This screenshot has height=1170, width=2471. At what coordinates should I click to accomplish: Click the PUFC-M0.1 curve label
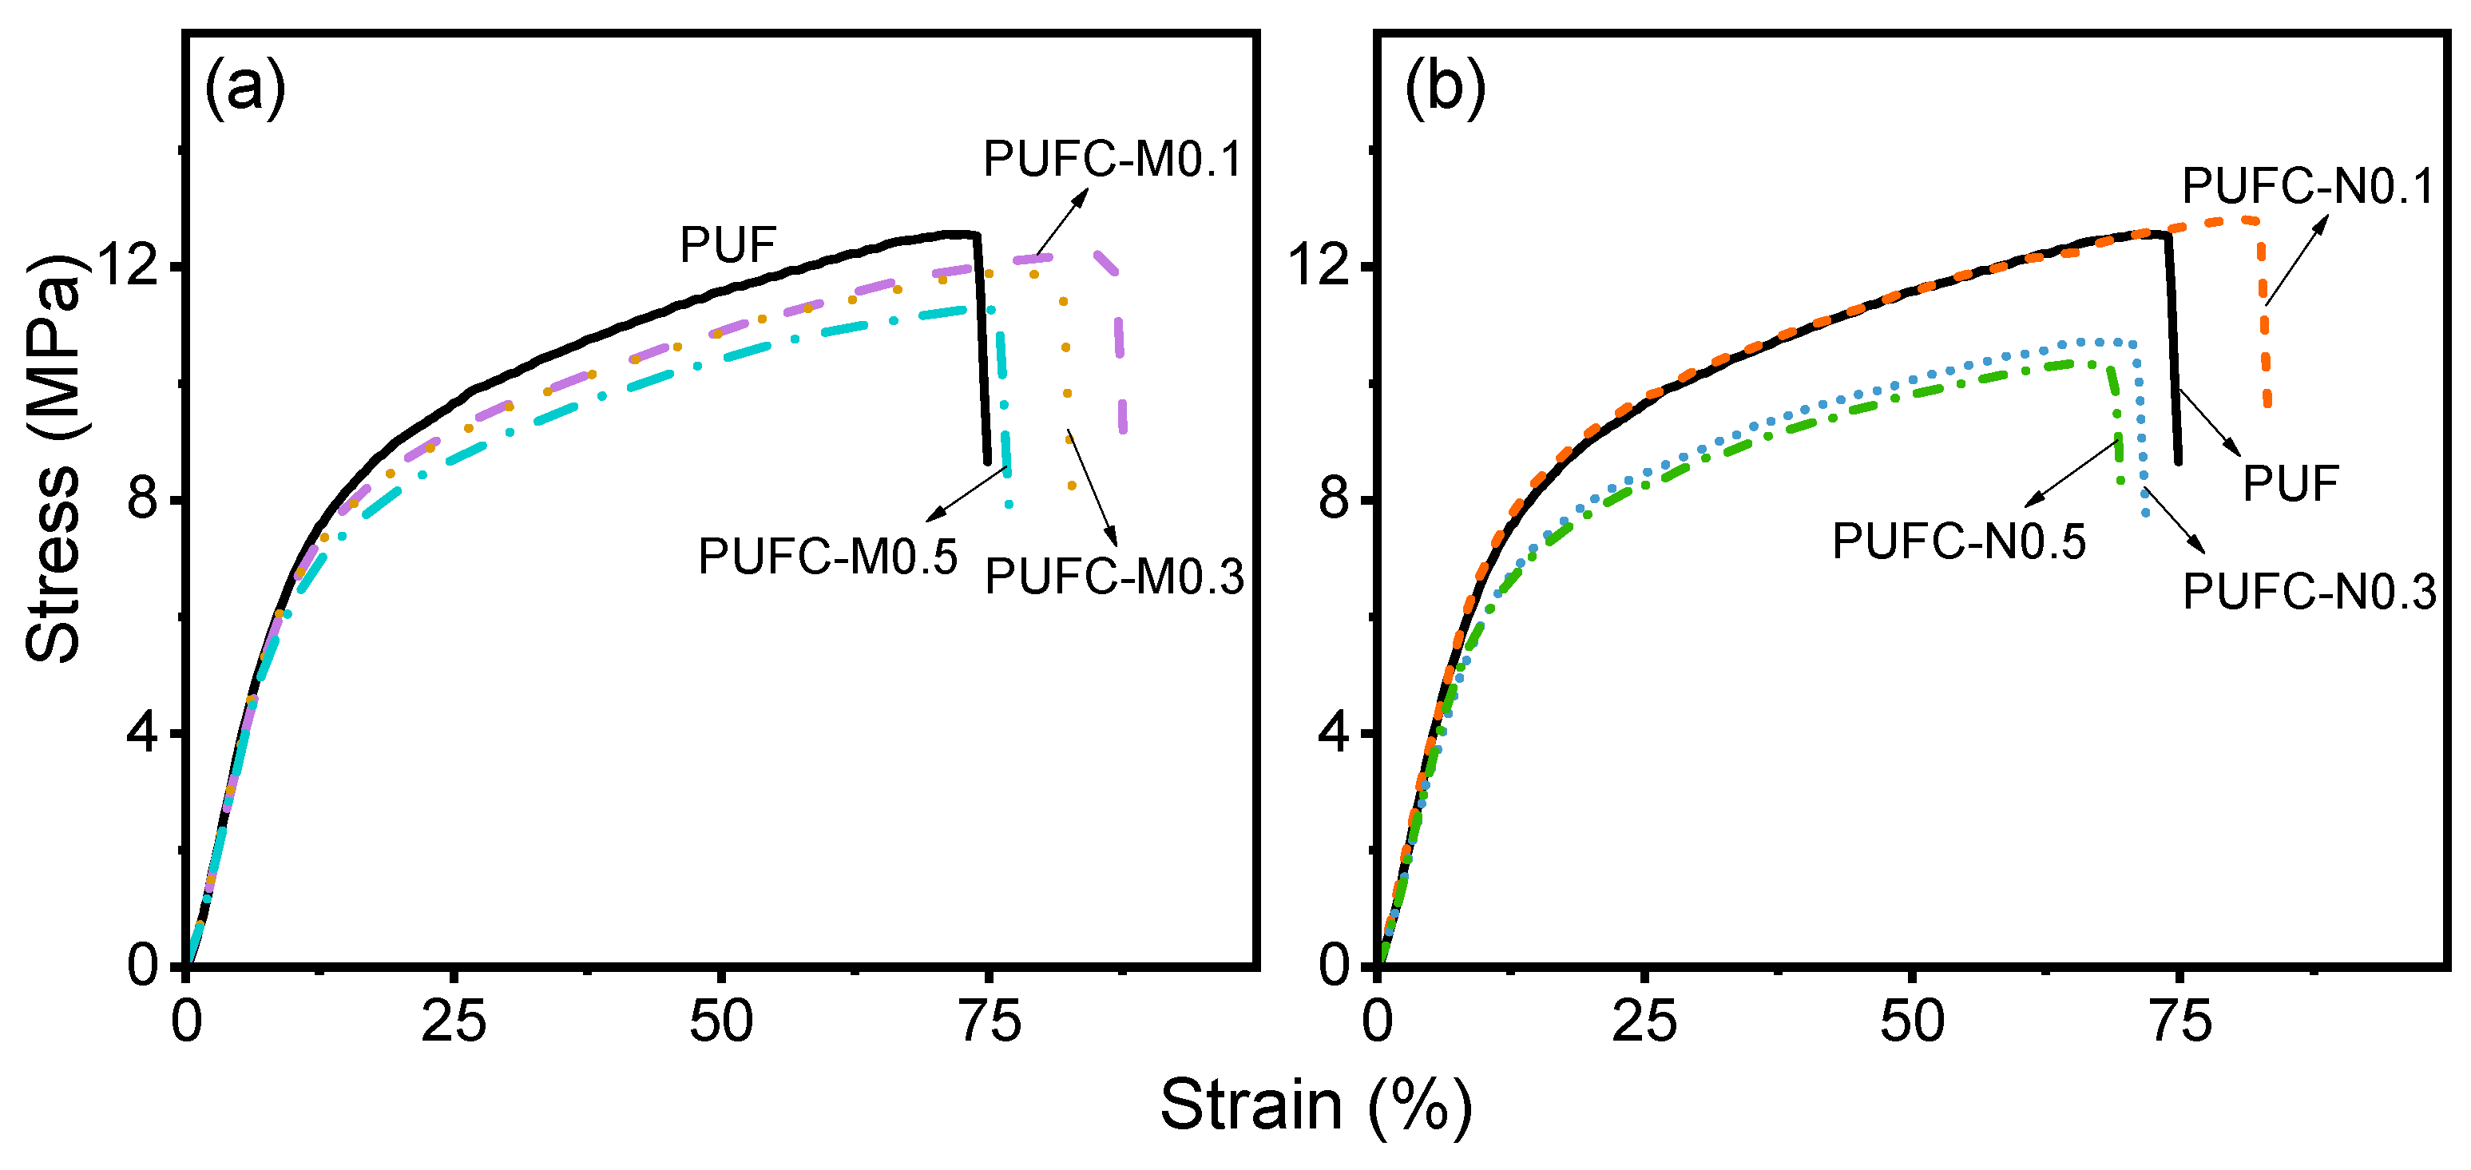(1112, 159)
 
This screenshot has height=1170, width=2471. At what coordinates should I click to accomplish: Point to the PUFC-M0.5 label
(827, 556)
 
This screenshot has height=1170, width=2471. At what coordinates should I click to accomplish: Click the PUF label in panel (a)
(727, 245)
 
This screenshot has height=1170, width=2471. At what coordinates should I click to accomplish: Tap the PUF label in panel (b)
(2291, 483)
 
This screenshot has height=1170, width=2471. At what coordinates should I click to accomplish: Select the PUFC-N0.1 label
(2308, 186)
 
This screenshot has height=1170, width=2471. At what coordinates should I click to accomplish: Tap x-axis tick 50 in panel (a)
(720, 1023)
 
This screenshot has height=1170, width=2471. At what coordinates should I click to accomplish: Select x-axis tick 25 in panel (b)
(1644, 1023)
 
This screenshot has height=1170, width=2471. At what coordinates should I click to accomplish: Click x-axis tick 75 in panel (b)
(2180, 1023)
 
